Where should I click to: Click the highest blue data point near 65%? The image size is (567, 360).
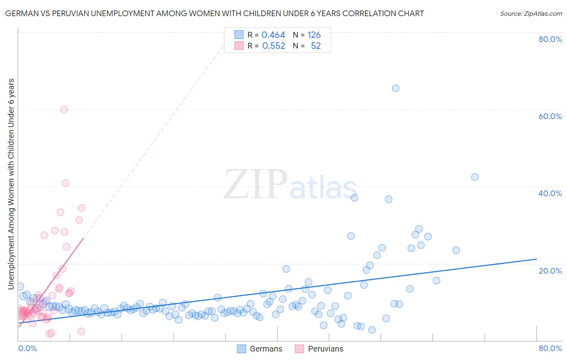[396, 88]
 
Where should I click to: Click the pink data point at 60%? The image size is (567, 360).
[64, 109]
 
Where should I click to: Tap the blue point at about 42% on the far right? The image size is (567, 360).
[475, 177]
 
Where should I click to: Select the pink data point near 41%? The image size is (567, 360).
[65, 183]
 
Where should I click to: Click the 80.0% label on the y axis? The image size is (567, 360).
[550, 39]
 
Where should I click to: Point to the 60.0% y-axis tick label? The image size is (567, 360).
[550, 116]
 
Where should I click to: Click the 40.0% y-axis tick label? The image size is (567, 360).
[550, 193]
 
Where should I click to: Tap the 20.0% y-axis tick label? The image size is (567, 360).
[550, 271]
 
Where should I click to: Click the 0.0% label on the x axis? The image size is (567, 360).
[27, 348]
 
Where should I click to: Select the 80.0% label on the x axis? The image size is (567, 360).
[550, 348]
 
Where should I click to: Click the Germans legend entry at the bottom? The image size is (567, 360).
[265, 349]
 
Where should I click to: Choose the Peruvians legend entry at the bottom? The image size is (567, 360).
[325, 349]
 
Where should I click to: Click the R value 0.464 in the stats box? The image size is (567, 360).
[273, 35]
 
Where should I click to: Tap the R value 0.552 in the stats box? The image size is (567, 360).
[273, 46]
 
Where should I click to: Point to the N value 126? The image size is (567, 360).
[314, 35]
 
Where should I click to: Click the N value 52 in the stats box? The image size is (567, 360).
[315, 46]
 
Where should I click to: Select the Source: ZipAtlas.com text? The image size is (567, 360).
[531, 14]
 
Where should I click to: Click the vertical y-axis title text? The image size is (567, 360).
[11, 184]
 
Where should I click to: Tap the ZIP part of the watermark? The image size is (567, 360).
[255, 185]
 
